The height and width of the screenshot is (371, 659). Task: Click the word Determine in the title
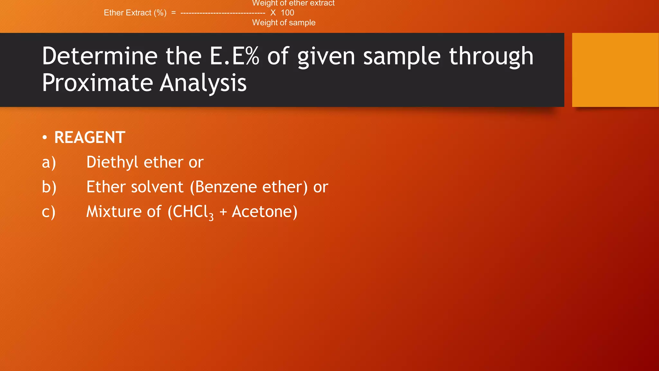[x=99, y=56]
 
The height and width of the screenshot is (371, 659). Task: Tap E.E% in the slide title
[x=234, y=56]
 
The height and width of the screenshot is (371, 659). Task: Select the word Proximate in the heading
[x=97, y=83]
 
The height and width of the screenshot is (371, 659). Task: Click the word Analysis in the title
[x=203, y=83]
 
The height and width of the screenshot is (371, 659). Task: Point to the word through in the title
[x=491, y=57]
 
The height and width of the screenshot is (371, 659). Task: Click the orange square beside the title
[x=615, y=70]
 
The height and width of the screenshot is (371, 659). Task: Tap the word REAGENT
[x=90, y=138]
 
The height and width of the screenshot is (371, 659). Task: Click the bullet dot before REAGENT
[x=45, y=138]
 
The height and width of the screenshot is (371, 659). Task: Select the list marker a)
[x=49, y=162]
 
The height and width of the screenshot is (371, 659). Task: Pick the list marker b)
[x=49, y=187]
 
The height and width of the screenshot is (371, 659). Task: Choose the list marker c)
[x=49, y=212]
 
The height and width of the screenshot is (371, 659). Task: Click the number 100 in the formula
[x=287, y=13]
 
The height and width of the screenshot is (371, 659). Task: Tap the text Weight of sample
[x=283, y=23]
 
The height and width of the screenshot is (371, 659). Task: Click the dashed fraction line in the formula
[x=223, y=13]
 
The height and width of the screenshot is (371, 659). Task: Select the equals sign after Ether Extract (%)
[x=173, y=13]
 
